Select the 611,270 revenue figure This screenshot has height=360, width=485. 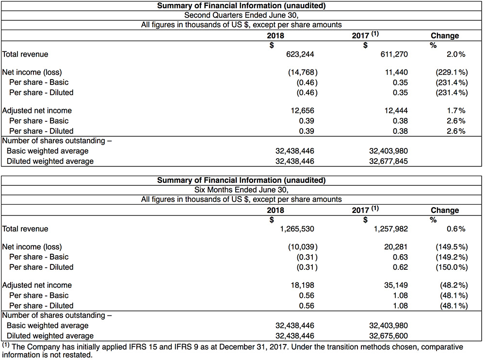point(391,54)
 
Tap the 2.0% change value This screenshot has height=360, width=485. point(456,54)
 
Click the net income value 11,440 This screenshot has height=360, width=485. point(395,72)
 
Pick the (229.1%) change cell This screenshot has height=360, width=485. point(452,72)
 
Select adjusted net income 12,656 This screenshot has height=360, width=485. point(303,111)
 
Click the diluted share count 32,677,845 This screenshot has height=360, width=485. point(388,161)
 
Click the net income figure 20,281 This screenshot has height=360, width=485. point(395,247)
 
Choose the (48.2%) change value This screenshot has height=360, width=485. point(453,285)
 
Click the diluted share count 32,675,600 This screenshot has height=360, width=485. point(388,336)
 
